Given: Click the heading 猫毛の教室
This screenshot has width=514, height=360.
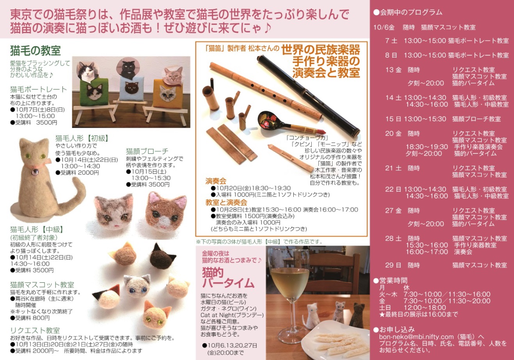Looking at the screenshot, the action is (35, 51).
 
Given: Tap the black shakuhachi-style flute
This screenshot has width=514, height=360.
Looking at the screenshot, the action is (309, 96).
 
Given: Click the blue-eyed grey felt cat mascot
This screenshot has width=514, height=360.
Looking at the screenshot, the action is (136, 286).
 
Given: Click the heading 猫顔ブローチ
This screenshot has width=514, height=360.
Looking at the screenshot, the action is (147, 151).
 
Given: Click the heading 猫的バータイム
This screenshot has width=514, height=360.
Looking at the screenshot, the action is (228, 278).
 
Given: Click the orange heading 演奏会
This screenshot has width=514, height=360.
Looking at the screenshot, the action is (216, 181).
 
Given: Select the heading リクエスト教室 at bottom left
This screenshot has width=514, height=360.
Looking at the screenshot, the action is (35, 330).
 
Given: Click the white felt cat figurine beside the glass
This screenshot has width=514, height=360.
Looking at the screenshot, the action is (311, 316).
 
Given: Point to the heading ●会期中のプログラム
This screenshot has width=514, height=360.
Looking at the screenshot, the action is (408, 12).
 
